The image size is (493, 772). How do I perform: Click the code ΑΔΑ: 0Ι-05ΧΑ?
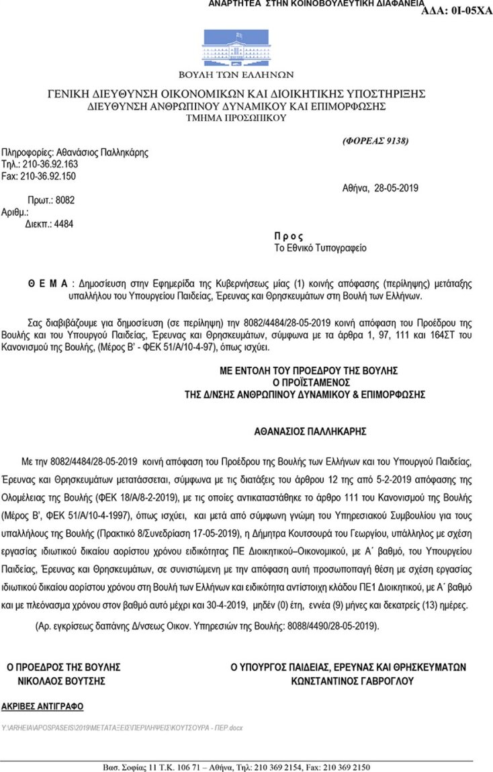tap(456, 11)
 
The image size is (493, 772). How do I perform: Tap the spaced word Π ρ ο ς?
tap(289, 237)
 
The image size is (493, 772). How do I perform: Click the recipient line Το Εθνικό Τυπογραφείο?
tap(320, 248)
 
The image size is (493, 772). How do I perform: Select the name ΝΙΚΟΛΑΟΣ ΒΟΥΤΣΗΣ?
tap(62, 681)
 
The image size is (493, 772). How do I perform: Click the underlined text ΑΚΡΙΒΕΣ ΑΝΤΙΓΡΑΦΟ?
tap(42, 706)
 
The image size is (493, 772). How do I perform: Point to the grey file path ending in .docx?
tap(122, 728)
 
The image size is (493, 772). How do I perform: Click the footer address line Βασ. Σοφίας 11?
tap(236, 767)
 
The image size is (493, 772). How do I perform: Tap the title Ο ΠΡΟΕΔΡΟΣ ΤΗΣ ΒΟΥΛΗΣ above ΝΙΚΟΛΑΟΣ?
tap(63, 667)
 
